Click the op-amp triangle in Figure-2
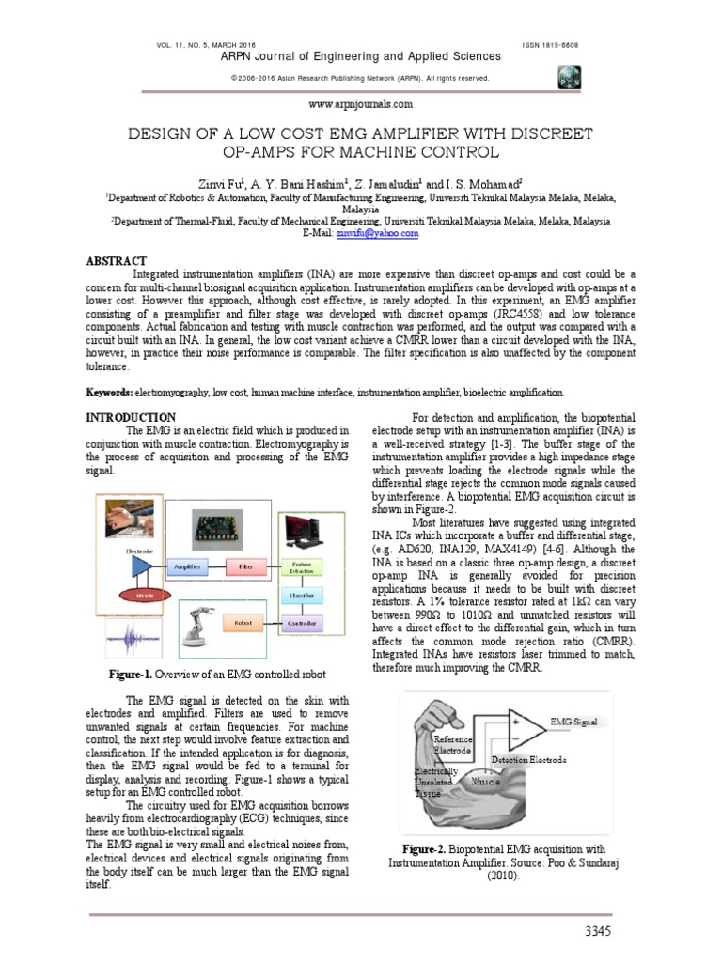(x=522, y=723)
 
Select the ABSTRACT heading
(x=116, y=260)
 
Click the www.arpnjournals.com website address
(x=361, y=106)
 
